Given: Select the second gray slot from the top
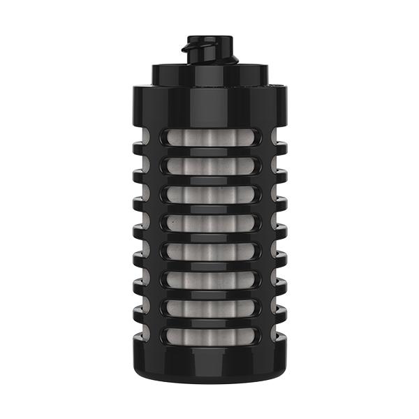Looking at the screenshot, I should tap(209, 165).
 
